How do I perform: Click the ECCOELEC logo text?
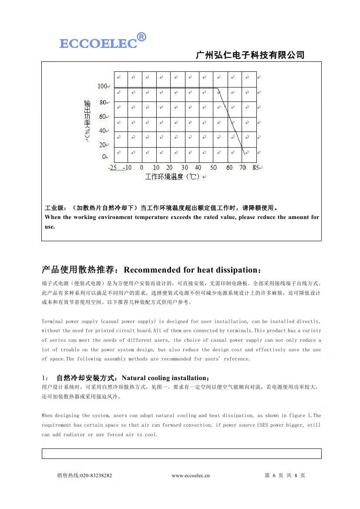coord(98,44)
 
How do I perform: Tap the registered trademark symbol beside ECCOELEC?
coord(141,37)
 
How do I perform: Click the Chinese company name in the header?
coord(250,55)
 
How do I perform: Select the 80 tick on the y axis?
coord(103,103)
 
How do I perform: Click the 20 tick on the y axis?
coord(103,145)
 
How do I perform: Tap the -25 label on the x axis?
coord(112,168)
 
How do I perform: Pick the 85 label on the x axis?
coord(256,168)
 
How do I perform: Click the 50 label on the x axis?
coord(213,168)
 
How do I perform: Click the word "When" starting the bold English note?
coord(53,217)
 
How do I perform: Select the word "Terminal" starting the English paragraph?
coord(52,321)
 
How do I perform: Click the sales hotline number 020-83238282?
coord(96,475)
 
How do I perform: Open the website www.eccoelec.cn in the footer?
coord(190,475)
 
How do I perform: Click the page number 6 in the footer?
coord(274,475)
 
